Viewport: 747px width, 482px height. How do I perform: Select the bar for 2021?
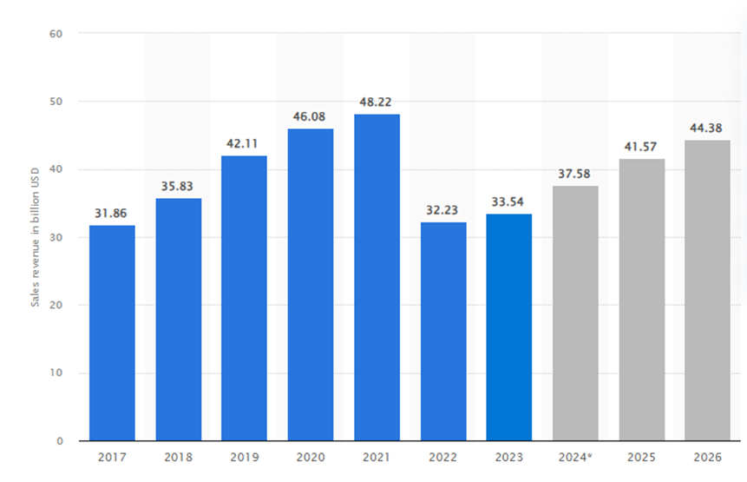(x=377, y=278)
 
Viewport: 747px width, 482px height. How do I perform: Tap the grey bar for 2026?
(x=707, y=290)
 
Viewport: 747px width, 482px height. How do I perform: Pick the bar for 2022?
(x=442, y=331)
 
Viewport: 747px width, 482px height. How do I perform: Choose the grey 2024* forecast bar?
(x=575, y=313)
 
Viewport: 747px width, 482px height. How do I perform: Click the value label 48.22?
(x=377, y=102)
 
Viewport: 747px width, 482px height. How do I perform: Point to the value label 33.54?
(x=509, y=201)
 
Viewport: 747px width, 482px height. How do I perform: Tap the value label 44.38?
(x=707, y=128)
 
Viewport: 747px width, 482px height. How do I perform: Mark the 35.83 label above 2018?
(x=178, y=186)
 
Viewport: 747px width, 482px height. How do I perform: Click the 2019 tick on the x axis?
(x=245, y=456)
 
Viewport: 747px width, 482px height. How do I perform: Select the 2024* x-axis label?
(x=575, y=456)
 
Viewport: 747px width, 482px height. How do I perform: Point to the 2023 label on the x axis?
(x=509, y=456)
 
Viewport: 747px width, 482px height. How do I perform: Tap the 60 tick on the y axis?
(x=56, y=34)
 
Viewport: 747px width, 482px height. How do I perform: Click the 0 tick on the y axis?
(x=59, y=441)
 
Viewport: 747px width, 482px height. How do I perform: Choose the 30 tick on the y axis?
(x=56, y=237)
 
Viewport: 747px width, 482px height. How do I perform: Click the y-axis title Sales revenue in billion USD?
(x=36, y=237)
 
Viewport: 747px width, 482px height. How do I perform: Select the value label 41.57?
(x=641, y=147)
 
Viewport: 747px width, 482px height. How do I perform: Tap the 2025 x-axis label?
(x=641, y=456)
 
